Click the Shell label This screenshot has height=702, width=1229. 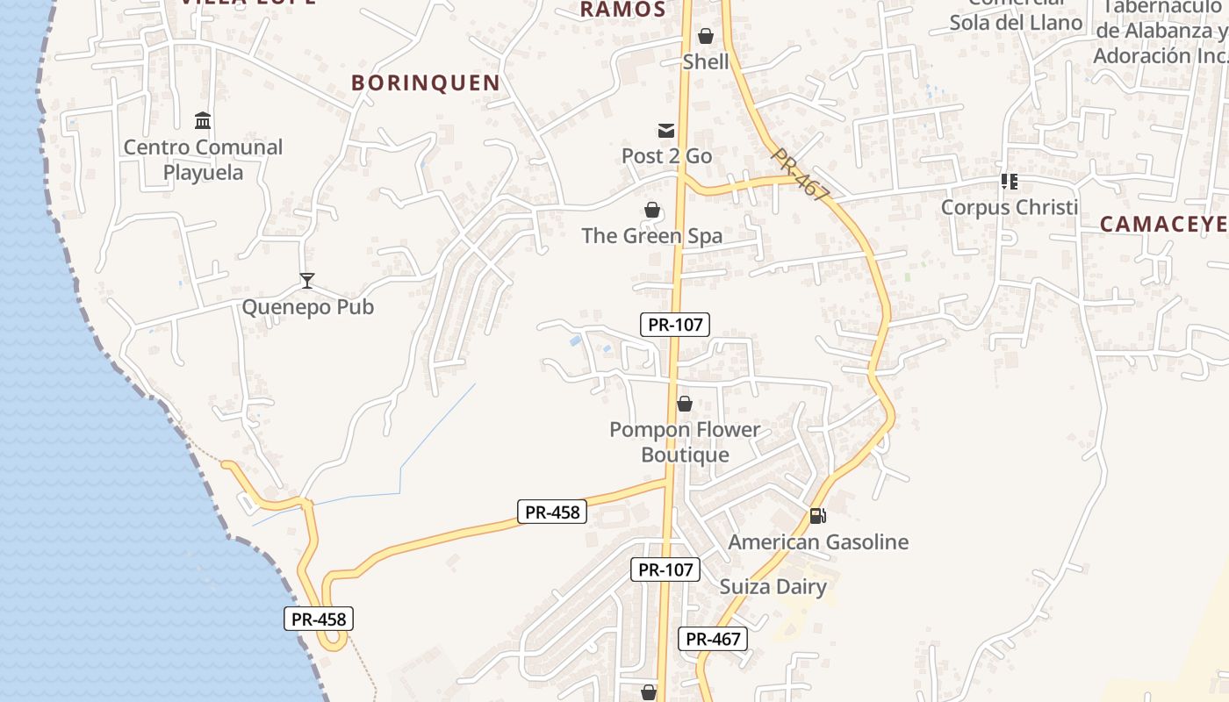pos(706,61)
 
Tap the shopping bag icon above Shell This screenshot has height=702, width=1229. pos(705,36)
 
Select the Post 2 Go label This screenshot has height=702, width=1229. pos(666,156)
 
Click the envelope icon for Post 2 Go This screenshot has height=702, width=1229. pos(666,131)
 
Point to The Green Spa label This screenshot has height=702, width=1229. pos(652,236)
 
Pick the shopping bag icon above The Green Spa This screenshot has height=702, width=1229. pos(652,210)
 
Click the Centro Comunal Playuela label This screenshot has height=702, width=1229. pos(203,159)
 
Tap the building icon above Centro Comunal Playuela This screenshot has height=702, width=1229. pos(203,120)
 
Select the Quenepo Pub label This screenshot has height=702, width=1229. pos(307,307)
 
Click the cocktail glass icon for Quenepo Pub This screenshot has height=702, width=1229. pos(307,281)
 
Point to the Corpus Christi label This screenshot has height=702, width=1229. pos(1010,208)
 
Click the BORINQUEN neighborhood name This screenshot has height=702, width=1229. pos(426,83)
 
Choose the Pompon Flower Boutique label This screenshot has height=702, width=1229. pos(685,442)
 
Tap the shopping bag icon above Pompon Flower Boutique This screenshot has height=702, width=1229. pos(685,404)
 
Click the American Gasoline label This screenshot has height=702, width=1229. pos(818,542)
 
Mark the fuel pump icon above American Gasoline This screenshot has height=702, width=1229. pos(818,516)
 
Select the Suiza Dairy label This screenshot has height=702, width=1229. pos(773,587)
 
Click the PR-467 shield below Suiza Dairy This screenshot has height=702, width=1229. pos(713,639)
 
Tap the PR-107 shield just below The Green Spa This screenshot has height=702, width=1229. pos(674,325)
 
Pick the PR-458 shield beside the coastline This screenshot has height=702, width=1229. pos(320,619)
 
